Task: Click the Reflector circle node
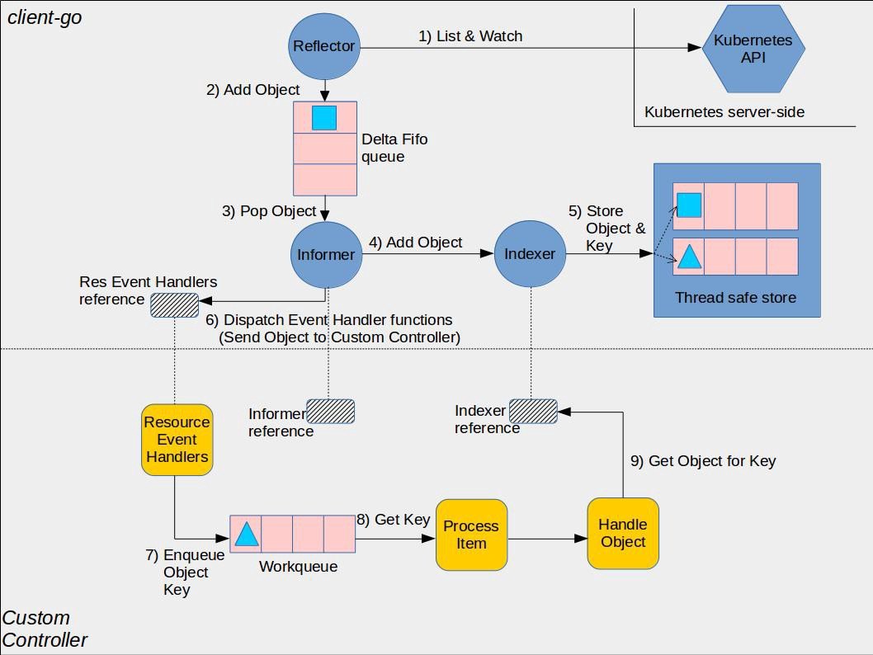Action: pos(324,46)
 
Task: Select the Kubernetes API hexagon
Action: pos(753,49)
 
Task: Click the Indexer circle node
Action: pos(530,255)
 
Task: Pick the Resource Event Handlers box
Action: pos(177,439)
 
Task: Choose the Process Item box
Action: pos(471,535)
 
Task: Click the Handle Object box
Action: pos(623,533)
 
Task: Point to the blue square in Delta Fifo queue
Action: pos(324,118)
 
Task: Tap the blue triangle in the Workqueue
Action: pos(247,535)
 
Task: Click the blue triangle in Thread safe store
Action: pos(689,257)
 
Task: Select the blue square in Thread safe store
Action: pos(689,205)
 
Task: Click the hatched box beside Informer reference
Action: pos(330,411)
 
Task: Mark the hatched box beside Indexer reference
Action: pos(533,411)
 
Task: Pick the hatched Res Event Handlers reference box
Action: pos(174,305)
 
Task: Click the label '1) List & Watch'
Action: pos(470,35)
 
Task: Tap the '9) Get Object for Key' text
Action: pos(703,461)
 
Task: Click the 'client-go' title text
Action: pos(45,16)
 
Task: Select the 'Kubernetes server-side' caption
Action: pos(724,112)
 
